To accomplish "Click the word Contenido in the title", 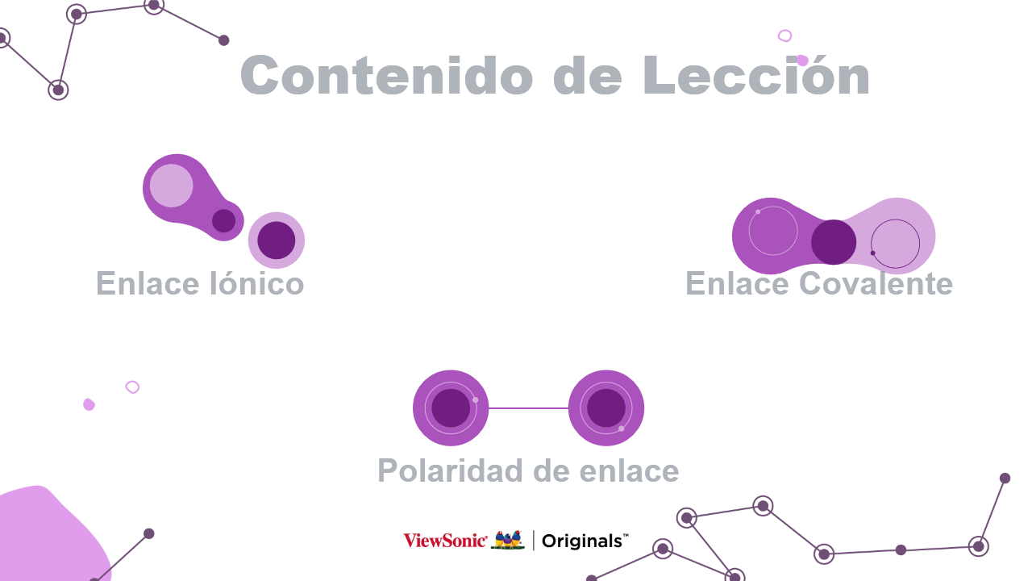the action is (x=386, y=75).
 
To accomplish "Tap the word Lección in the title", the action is (x=756, y=75).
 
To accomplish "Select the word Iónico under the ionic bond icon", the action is (x=257, y=283).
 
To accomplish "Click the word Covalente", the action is (x=876, y=283).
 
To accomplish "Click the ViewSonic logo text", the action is (x=445, y=541).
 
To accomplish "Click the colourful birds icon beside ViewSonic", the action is (x=508, y=540).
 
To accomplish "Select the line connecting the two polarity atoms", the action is (x=528, y=408).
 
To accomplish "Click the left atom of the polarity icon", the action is (x=451, y=408).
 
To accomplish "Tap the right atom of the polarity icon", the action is (x=606, y=408).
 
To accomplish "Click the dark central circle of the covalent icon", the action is (x=834, y=242).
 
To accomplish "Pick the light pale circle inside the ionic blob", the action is (x=172, y=186).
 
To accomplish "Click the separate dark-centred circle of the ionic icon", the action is (x=277, y=240).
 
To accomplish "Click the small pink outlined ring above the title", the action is (x=784, y=36).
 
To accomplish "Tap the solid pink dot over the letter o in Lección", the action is (x=802, y=60).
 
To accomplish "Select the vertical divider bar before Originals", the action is (x=534, y=541).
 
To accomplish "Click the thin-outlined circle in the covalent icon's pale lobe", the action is (x=895, y=244).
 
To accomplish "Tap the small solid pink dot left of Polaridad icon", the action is (x=89, y=404).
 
